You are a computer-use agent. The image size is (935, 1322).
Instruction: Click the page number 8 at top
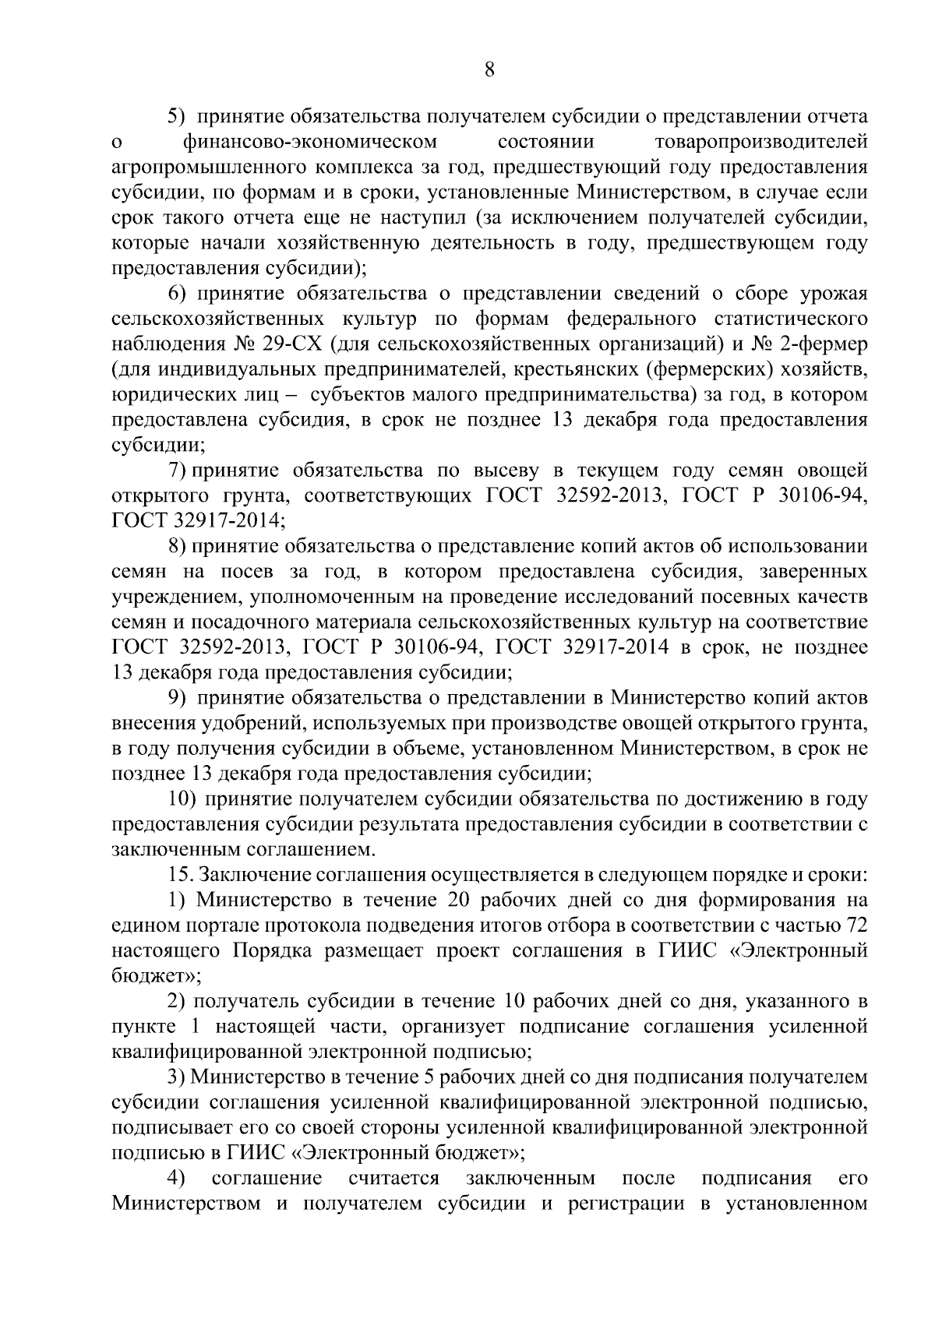[489, 71]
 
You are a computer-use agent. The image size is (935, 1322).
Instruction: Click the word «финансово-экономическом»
[309, 143]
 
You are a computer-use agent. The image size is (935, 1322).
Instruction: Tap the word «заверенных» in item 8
[816, 572]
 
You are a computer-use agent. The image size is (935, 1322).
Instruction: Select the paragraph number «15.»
[180, 876]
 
